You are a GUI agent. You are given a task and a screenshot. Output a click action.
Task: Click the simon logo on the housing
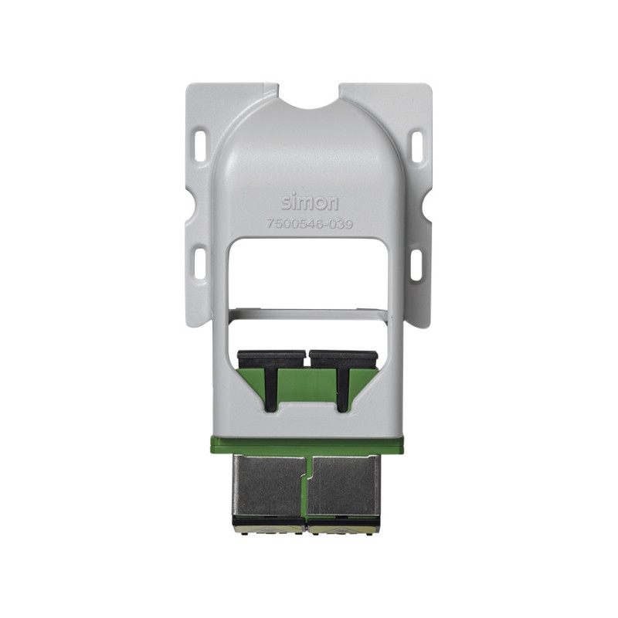(x=309, y=203)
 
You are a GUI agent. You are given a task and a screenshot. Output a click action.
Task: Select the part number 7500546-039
(x=309, y=225)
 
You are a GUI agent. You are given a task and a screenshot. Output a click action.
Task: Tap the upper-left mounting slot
(x=201, y=144)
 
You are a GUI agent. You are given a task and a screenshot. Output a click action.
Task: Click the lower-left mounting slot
(x=200, y=263)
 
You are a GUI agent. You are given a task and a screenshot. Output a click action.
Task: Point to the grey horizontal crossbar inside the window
(x=309, y=314)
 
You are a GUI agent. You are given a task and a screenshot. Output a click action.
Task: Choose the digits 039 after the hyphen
(x=341, y=225)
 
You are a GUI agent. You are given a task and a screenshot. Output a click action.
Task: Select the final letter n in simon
(x=332, y=204)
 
